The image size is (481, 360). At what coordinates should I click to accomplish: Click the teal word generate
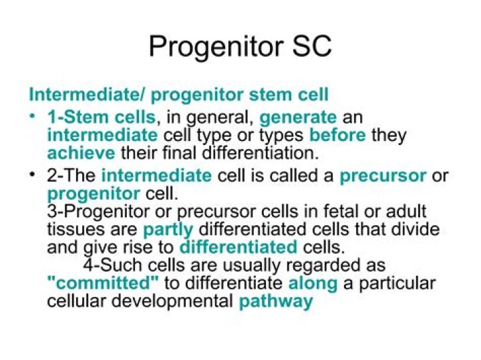pyautogui.click(x=298, y=118)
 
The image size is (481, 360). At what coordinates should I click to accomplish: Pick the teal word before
pyautogui.click(x=337, y=135)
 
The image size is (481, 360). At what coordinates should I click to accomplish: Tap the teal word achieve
pyautogui.click(x=81, y=153)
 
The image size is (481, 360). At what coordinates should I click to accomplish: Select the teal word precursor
pyautogui.click(x=383, y=176)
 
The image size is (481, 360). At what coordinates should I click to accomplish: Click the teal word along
pyautogui.click(x=313, y=283)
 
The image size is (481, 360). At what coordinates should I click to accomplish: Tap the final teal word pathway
pyautogui.click(x=276, y=301)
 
